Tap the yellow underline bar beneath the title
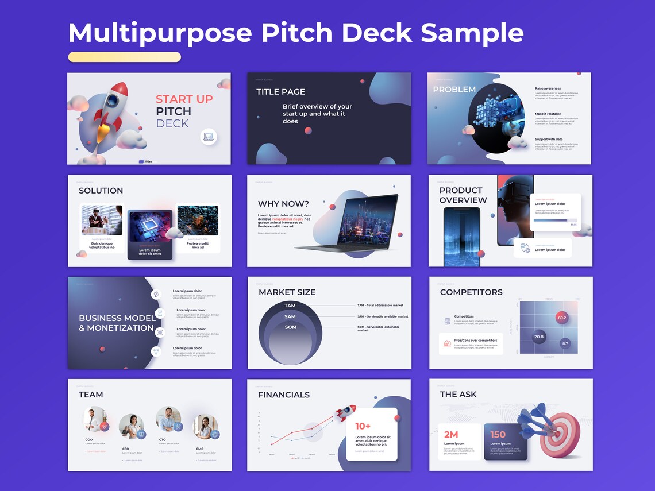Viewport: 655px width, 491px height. click(124, 57)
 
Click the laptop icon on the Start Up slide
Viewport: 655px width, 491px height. click(209, 137)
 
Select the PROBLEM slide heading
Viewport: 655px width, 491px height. click(454, 90)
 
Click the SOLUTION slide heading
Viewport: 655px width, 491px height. click(101, 191)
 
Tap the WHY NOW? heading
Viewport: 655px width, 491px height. click(283, 204)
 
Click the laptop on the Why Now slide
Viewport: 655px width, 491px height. click(356, 224)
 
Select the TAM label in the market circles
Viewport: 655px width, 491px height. click(290, 306)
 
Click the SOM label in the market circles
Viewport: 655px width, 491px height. click(291, 327)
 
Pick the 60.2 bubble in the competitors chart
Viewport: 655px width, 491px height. click(561, 318)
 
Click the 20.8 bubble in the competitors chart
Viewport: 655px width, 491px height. click(538, 337)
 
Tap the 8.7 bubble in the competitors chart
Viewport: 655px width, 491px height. click(565, 343)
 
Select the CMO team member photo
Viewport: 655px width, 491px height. click(203, 427)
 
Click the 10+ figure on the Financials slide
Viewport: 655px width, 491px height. click(363, 426)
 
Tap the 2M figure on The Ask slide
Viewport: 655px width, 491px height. click(450, 435)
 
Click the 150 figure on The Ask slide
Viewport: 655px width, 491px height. click(498, 435)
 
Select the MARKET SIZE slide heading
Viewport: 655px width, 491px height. click(287, 292)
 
